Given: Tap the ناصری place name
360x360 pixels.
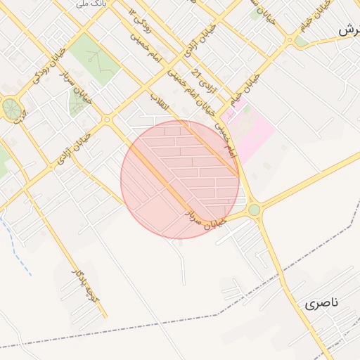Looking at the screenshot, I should [x=322, y=304].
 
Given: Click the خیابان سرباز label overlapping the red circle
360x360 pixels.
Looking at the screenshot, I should [x=205, y=220].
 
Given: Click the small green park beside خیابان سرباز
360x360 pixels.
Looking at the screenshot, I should [x=77, y=104].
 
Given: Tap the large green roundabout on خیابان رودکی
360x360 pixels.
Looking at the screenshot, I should [x=11, y=108].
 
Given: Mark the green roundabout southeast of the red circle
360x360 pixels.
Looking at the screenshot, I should [x=254, y=210].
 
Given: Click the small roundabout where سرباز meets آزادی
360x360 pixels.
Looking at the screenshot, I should [x=107, y=120].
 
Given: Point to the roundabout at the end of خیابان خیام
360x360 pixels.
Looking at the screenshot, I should [x=288, y=39].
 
